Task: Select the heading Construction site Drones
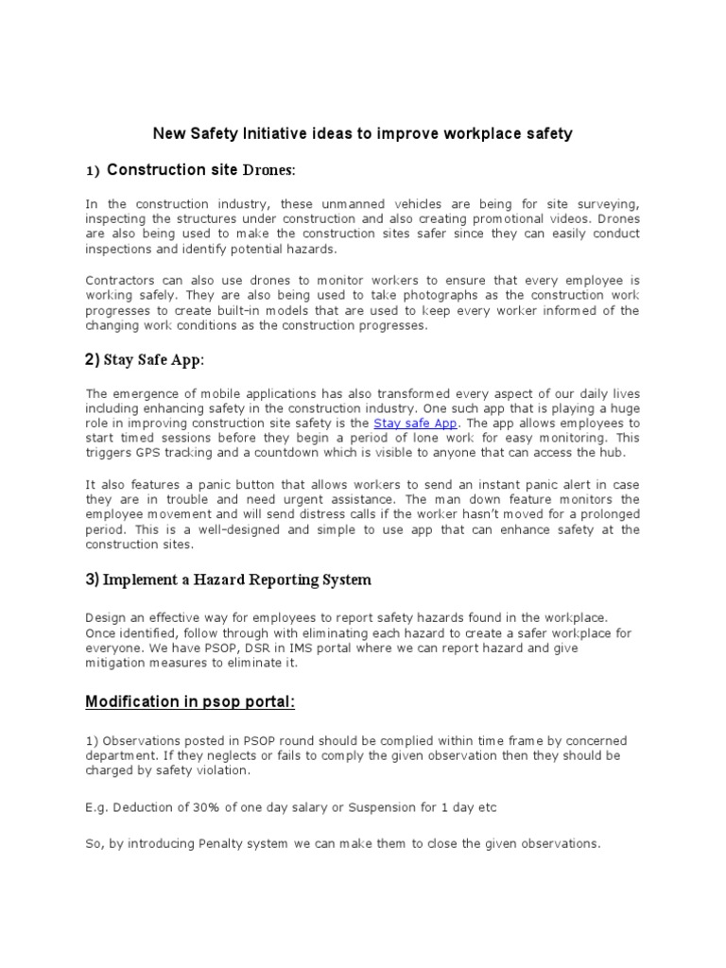coord(200,170)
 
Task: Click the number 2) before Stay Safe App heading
coord(93,358)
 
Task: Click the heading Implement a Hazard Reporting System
coord(237,579)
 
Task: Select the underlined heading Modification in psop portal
coord(192,702)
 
